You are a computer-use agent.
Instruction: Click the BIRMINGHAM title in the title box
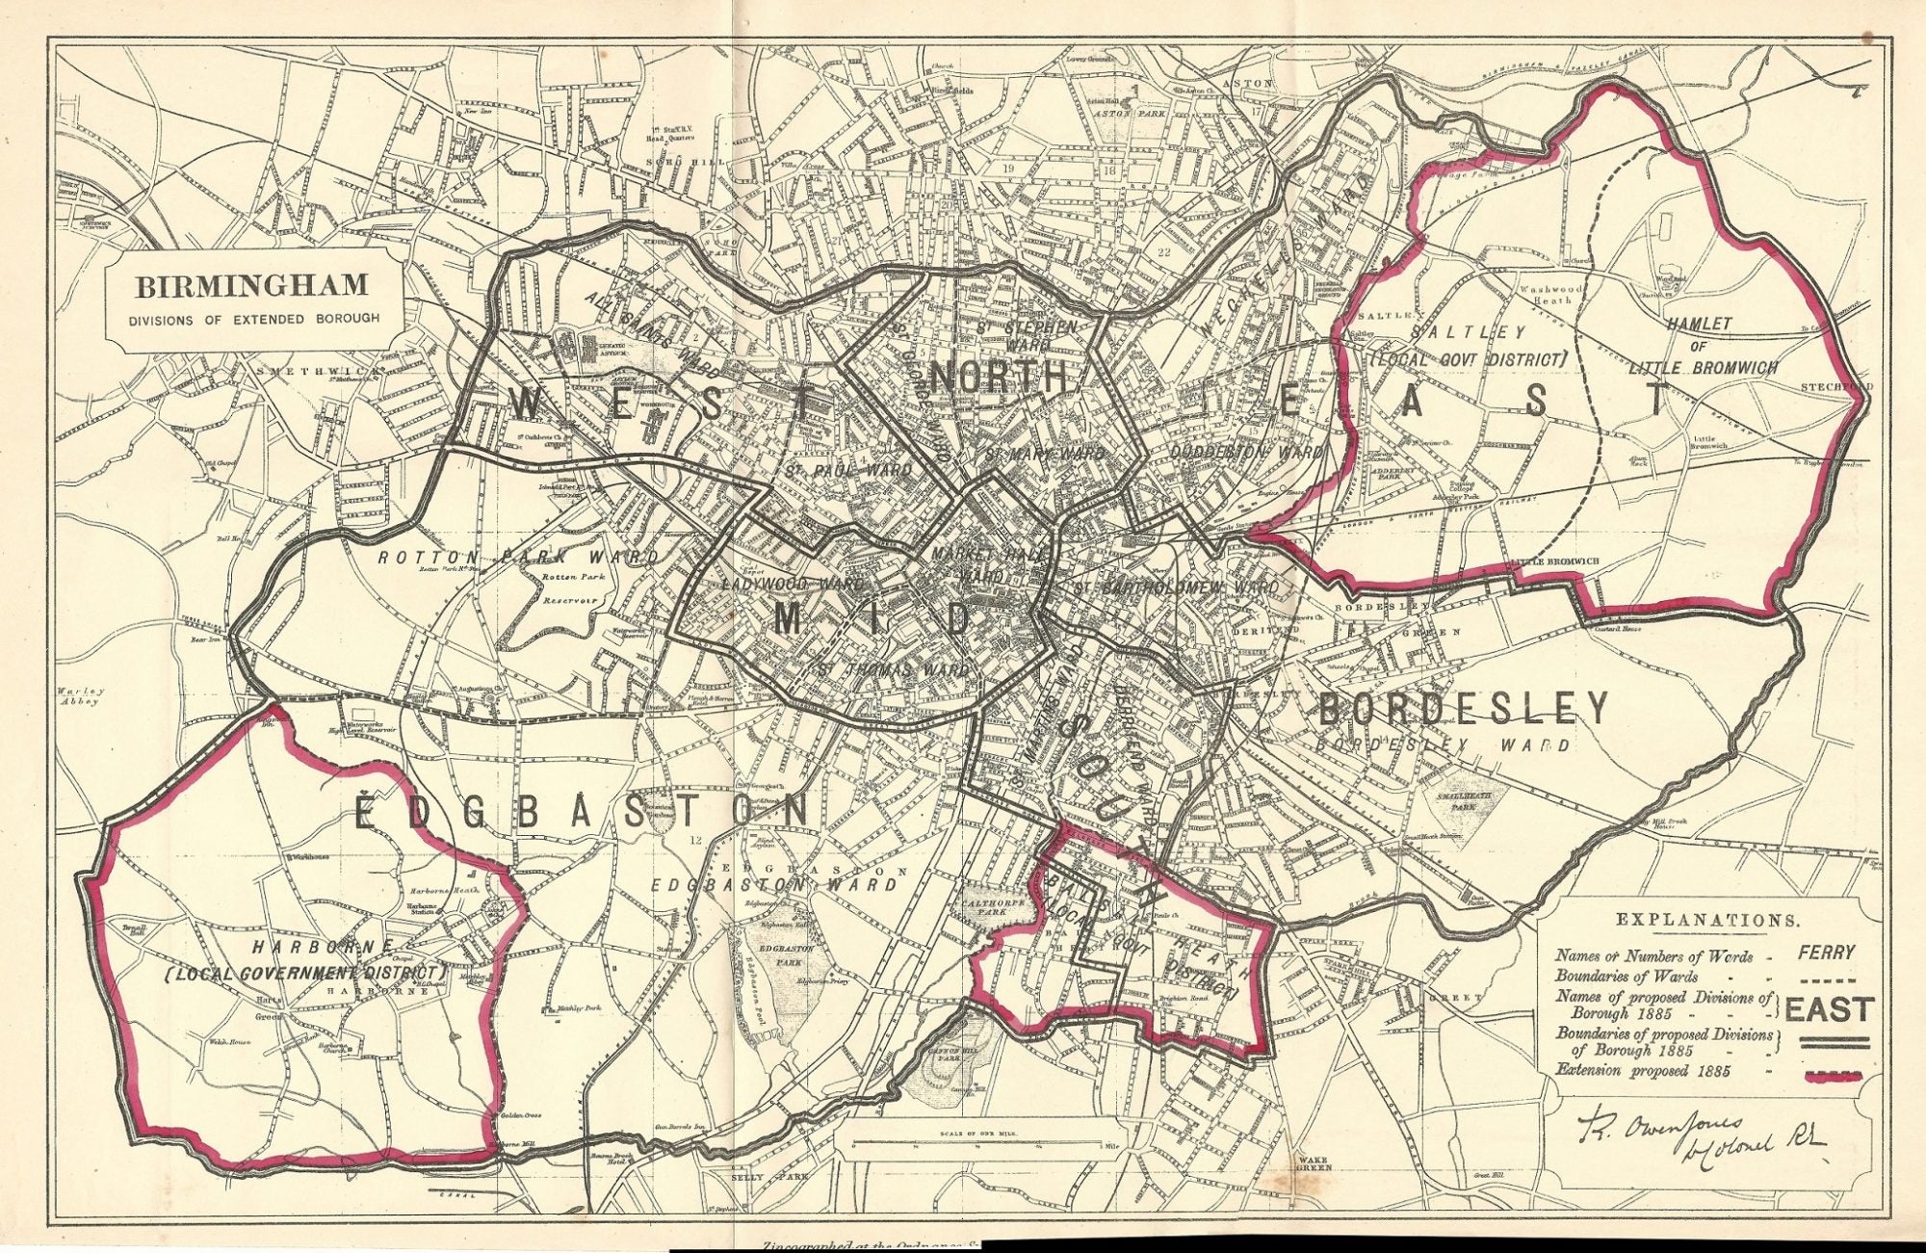coord(251,286)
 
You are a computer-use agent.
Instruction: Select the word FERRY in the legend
coord(1825,953)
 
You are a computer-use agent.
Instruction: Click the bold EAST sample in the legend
coord(1827,1009)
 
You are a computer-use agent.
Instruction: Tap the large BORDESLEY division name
coord(1462,709)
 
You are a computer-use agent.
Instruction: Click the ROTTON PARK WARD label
coord(517,558)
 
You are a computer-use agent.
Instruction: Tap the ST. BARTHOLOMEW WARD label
coord(1177,587)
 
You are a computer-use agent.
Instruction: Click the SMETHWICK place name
coord(288,369)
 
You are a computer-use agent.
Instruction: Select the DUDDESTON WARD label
coord(1246,451)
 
